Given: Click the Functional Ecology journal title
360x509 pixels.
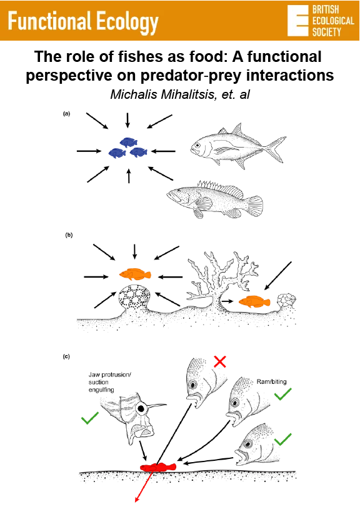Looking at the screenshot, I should point(84,23).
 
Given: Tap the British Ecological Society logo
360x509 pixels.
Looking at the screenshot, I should point(317,21).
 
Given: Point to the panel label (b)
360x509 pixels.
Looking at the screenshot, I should point(69,235).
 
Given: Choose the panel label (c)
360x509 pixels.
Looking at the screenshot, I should point(66,356).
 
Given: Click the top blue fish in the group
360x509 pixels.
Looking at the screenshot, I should point(128,142).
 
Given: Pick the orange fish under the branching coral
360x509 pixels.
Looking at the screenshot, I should point(253,301).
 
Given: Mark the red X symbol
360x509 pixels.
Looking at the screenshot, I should point(220,361).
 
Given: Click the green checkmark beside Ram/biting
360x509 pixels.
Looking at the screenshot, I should point(283,393).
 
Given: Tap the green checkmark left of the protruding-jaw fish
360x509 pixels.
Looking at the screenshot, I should point(90,418).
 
